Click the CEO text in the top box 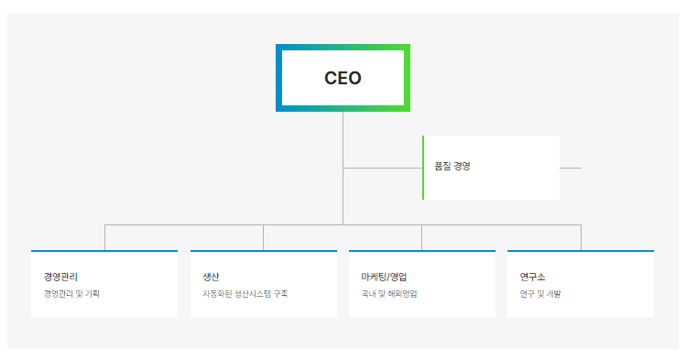pos(343,78)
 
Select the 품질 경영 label pos(452,167)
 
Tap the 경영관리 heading pos(60,277)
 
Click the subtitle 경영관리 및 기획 pos(71,294)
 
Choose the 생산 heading pos(211,277)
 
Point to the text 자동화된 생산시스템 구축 pos(245,294)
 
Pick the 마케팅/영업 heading pos(385,277)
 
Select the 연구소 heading pos(532,277)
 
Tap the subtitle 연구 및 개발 pos(540,294)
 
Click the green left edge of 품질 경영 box pos(423,167)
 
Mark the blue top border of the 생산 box pos(263,250)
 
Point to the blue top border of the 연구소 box pos(580,250)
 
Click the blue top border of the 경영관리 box pos(104,250)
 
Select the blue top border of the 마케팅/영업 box pos(421,250)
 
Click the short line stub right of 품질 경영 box pos(571,168)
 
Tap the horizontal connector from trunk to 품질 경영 pos(382,168)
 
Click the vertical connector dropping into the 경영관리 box pos(104,237)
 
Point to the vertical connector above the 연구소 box pos(581,237)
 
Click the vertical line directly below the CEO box pos(343,137)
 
